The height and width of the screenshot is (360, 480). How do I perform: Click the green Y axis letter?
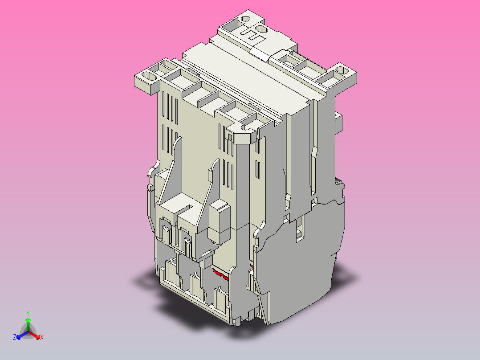[28, 313]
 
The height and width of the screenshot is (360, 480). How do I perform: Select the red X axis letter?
[41, 338]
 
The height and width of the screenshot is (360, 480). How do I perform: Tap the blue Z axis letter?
[15, 338]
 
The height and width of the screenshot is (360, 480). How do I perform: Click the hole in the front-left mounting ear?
[151, 77]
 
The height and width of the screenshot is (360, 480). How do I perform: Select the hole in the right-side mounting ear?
[341, 70]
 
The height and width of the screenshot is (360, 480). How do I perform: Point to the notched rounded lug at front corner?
[243, 133]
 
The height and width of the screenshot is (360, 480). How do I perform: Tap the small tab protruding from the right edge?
[338, 122]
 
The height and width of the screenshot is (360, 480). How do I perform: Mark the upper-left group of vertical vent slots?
[171, 107]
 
